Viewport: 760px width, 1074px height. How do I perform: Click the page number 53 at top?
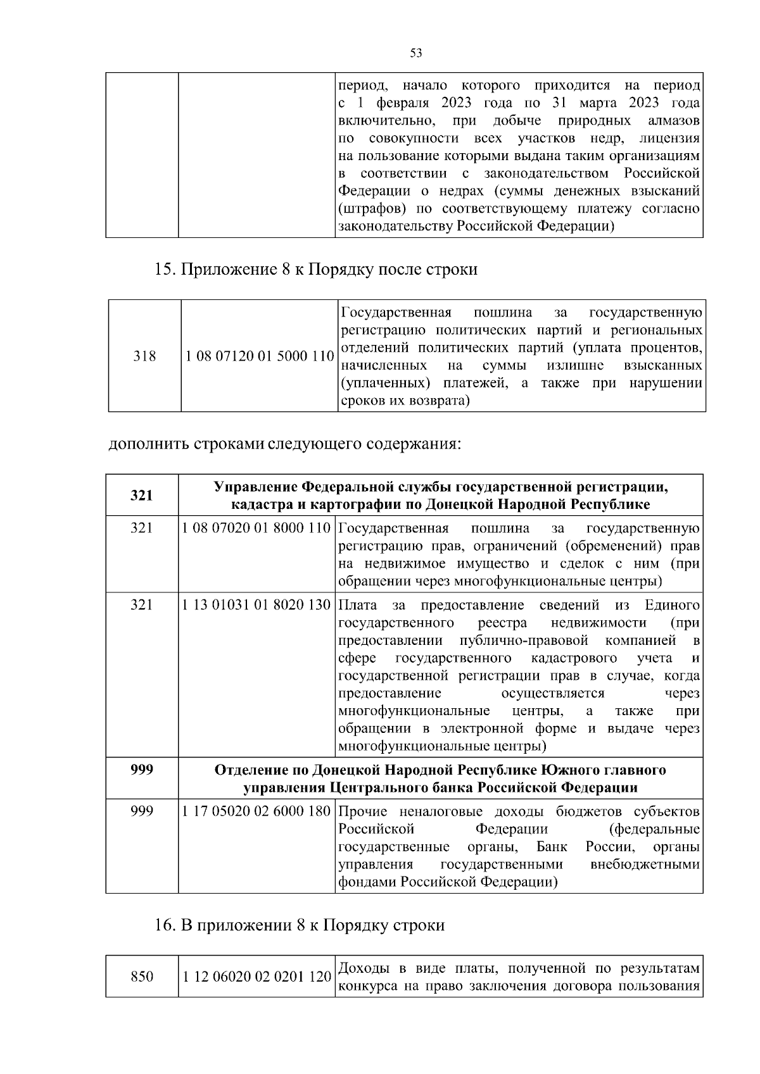click(416, 53)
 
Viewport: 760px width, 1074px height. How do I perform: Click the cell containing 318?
click(144, 356)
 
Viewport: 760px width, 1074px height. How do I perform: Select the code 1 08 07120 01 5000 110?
click(259, 356)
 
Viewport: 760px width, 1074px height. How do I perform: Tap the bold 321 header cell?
click(141, 495)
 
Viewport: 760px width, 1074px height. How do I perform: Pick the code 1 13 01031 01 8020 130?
click(256, 605)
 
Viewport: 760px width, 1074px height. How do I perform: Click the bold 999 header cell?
click(141, 770)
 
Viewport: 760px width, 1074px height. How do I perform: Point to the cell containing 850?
click(142, 977)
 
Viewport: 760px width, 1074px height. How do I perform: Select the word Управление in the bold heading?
click(255, 487)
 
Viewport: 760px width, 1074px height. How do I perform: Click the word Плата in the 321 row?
click(355, 605)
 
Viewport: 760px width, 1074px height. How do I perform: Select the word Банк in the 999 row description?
click(552, 847)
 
